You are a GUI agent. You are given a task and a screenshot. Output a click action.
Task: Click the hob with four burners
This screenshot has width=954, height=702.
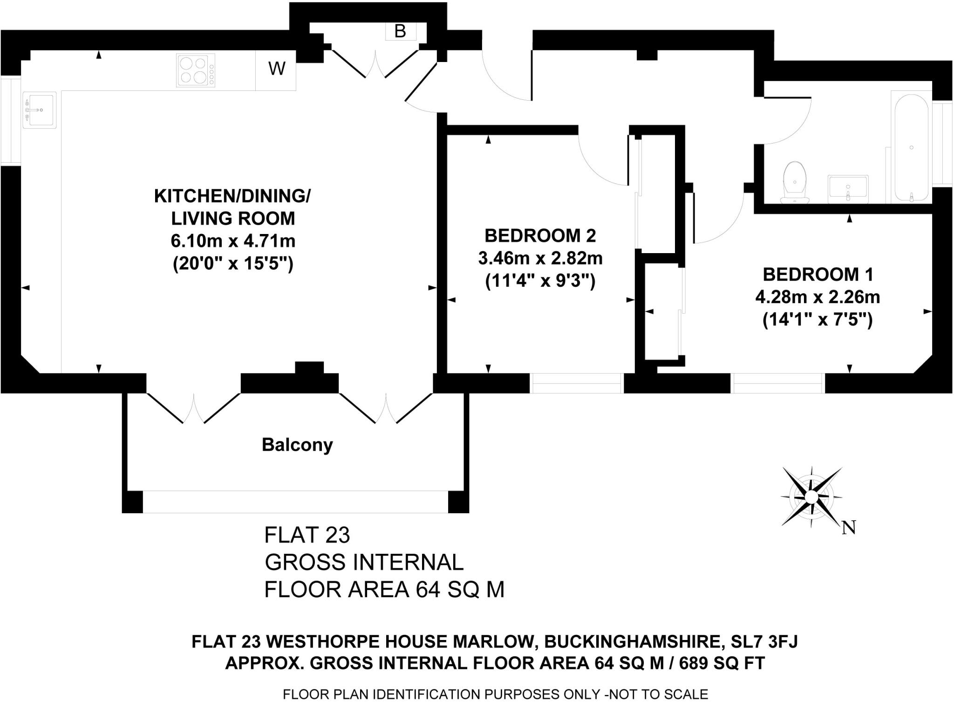click(195, 70)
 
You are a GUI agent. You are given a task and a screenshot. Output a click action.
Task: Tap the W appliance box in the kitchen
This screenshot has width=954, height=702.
click(276, 69)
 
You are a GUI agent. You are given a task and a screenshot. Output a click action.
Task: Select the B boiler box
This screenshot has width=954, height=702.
click(400, 31)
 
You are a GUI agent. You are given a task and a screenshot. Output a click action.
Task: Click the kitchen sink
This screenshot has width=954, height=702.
click(39, 110)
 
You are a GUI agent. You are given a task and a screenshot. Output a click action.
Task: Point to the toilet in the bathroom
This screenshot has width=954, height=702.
click(795, 183)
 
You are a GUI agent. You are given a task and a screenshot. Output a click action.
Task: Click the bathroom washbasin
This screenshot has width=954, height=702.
click(848, 189)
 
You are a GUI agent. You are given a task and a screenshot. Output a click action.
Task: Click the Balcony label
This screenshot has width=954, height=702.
click(297, 445)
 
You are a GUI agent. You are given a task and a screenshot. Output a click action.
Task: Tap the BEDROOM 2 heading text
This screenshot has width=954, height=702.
click(540, 236)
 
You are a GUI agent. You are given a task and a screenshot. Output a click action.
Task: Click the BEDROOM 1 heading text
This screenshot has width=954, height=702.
click(818, 275)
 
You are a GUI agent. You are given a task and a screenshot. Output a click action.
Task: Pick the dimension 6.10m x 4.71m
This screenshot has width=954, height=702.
click(233, 241)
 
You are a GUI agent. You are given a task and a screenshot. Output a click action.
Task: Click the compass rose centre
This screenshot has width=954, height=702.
click(811, 496)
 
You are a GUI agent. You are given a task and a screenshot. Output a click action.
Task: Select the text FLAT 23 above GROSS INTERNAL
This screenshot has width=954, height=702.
click(307, 535)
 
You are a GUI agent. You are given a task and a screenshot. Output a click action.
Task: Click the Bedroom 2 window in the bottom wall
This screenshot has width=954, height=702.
click(577, 383)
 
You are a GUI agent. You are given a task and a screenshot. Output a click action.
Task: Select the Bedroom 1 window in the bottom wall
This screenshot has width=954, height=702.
click(777, 383)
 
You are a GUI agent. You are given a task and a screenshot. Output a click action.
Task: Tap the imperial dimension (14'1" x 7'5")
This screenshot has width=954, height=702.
click(818, 320)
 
